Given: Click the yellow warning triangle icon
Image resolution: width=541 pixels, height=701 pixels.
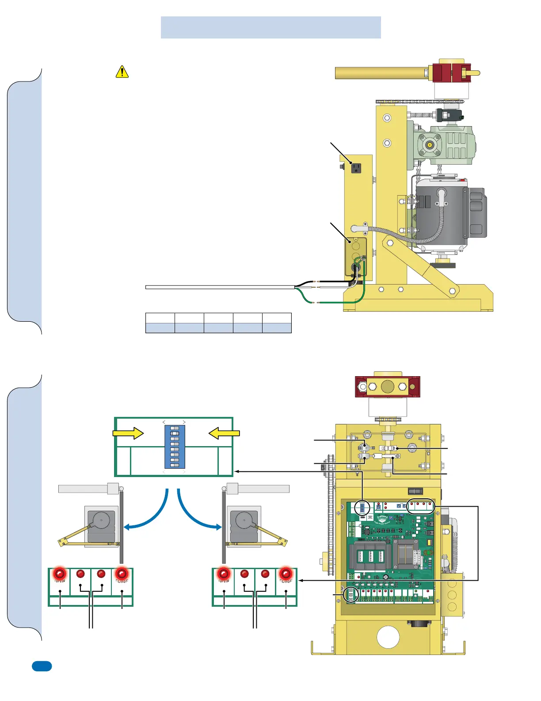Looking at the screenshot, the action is tap(122, 72).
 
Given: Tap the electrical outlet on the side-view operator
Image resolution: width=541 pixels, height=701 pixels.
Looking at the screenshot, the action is tap(356, 168).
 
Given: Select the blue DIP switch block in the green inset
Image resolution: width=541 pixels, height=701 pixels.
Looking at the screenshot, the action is tap(175, 446).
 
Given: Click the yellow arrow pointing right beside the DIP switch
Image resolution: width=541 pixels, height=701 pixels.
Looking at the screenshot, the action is tap(128, 433).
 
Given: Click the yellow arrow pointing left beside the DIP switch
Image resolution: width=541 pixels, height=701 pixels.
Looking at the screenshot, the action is tap(224, 433).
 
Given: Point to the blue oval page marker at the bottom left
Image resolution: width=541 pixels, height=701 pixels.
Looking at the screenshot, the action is tap(42, 666).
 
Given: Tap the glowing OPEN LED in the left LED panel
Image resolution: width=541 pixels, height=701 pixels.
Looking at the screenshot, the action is tap(60, 574).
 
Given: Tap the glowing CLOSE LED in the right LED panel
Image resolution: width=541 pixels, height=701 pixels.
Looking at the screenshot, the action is tap(286, 574).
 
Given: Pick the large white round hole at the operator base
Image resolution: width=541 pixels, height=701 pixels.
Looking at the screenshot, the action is tap(388, 637).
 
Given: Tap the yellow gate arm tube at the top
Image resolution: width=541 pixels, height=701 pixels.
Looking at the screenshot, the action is tap(380, 73).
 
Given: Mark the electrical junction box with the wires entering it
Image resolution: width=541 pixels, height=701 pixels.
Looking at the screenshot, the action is tap(356, 257).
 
